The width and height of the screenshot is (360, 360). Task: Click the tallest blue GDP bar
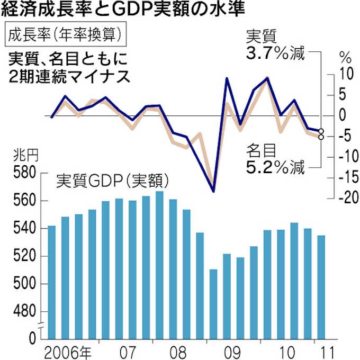point(159,265)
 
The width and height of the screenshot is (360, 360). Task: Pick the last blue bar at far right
point(321,286)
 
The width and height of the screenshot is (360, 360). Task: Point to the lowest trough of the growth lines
point(213,191)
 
